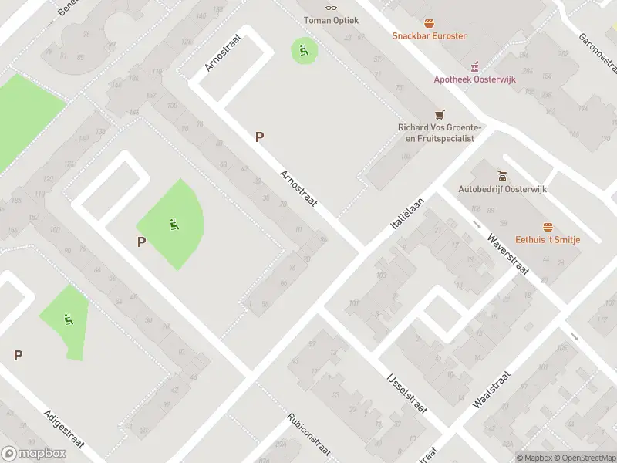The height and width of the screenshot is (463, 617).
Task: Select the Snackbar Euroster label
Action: coord(429,35)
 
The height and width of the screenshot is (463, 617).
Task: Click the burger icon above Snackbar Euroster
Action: coord(429,22)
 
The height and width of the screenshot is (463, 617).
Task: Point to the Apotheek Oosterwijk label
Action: coord(474,79)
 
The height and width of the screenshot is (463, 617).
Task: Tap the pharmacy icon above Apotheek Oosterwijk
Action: coord(475,65)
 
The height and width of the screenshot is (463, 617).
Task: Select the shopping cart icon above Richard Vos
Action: coord(440,114)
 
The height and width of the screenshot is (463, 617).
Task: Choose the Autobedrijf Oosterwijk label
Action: coord(501,188)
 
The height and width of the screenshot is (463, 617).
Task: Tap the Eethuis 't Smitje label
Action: coord(548,239)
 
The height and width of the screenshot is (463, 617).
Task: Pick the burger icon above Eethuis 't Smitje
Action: coord(548,226)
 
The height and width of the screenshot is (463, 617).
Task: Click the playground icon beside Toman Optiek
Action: coord(304,52)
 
